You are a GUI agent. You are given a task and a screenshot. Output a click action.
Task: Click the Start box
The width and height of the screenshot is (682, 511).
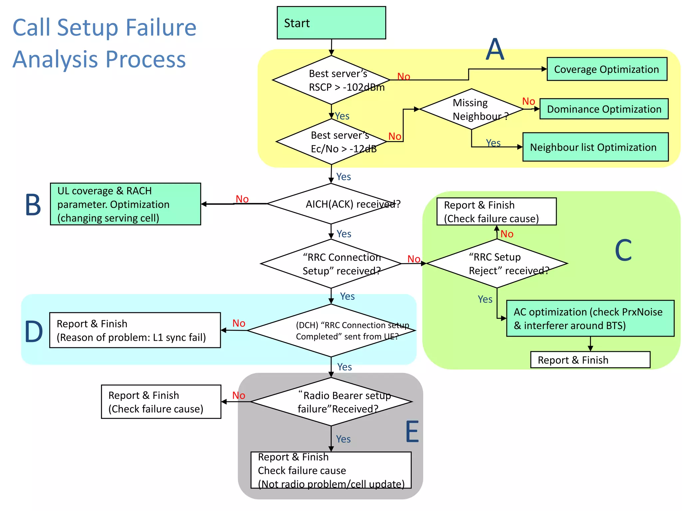pyautogui.click(x=331, y=23)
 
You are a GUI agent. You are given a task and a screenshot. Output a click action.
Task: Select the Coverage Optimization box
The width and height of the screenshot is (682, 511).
pyautogui.click(x=606, y=69)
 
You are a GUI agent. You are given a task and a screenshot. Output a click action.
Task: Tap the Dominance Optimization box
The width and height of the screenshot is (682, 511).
pyautogui.click(x=604, y=109)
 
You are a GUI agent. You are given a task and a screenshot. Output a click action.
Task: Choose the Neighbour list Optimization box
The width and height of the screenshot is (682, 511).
pyautogui.click(x=595, y=147)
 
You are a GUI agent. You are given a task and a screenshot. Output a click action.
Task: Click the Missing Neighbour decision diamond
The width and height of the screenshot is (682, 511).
pyautogui.click(x=471, y=109)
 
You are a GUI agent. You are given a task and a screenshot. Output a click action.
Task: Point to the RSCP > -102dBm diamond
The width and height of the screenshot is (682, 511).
pyautogui.click(x=331, y=80)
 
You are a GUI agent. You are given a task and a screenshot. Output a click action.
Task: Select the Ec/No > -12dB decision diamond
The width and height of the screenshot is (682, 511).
pyautogui.click(x=331, y=142)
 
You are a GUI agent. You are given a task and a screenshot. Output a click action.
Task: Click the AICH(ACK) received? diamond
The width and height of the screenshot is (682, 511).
pyautogui.click(x=331, y=204)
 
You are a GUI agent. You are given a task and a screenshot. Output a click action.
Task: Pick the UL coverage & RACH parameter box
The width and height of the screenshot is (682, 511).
pyautogui.click(x=125, y=204)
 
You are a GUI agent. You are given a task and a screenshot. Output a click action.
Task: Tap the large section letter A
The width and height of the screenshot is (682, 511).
pyautogui.click(x=495, y=50)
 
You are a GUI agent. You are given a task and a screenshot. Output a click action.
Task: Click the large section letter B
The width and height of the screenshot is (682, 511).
pyautogui.click(x=33, y=205)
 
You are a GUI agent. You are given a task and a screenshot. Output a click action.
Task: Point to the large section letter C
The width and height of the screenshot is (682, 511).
pyautogui.click(x=623, y=250)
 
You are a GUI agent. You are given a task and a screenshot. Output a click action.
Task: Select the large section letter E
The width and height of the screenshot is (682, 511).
pyautogui.click(x=412, y=431)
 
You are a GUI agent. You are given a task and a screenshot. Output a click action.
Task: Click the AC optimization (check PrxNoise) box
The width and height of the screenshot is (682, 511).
pyautogui.click(x=590, y=318)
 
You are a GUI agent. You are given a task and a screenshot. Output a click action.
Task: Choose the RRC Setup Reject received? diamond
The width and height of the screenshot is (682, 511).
pyautogui.click(x=497, y=263)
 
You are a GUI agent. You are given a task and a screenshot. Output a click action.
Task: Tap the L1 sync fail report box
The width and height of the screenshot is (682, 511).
pyautogui.click(x=135, y=330)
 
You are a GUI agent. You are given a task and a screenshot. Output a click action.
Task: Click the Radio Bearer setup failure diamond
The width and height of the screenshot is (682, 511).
pyautogui.click(x=331, y=402)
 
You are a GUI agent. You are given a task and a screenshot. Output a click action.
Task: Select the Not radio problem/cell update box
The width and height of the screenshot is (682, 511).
pyautogui.click(x=331, y=470)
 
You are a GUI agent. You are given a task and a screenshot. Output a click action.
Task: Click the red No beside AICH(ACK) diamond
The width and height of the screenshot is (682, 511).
pyautogui.click(x=242, y=199)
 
